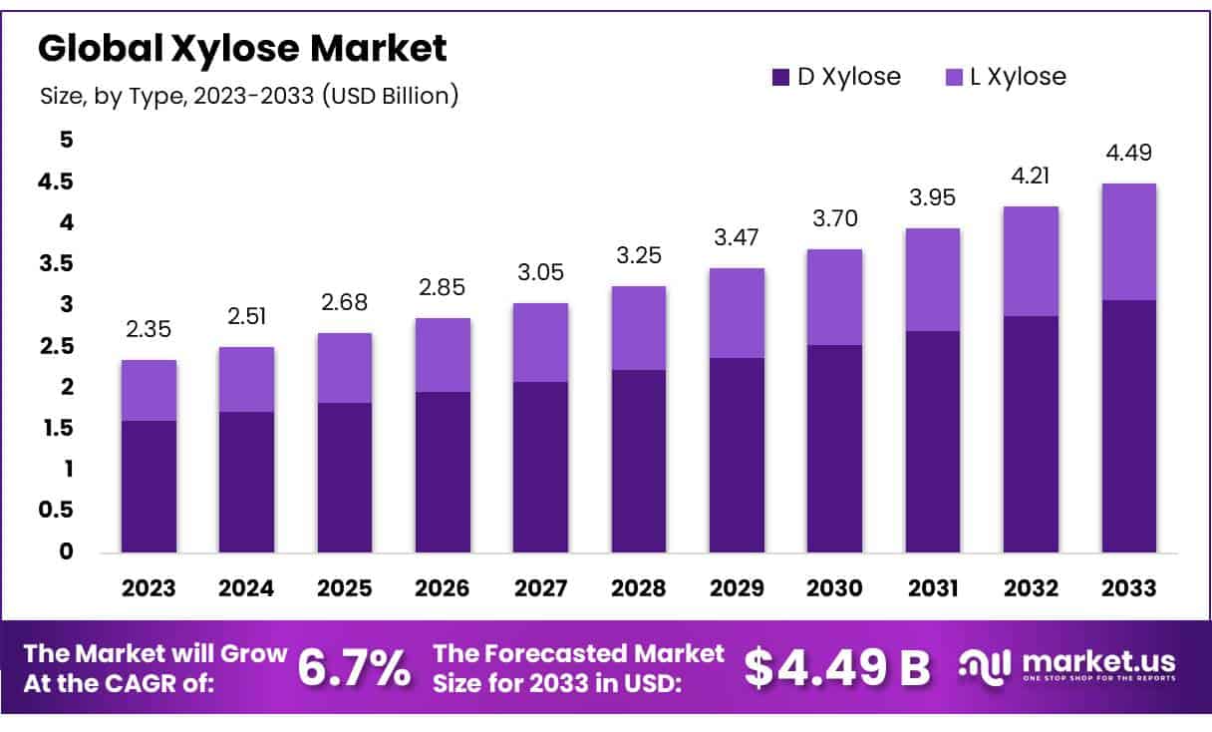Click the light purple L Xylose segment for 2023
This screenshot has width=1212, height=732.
[x=149, y=390]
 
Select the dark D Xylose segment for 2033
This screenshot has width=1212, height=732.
[x=1128, y=426]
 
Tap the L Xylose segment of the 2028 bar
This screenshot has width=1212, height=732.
[x=639, y=328]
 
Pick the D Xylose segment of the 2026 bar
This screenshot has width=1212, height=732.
[x=443, y=472]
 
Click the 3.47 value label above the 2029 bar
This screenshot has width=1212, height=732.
[x=737, y=237]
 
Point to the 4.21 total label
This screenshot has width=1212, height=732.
[x=1031, y=176]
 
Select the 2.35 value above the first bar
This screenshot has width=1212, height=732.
[x=149, y=329]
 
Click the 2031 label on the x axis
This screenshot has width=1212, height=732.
[x=933, y=588]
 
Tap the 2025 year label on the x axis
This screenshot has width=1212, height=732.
[x=345, y=588]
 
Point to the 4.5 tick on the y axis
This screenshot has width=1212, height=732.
[x=55, y=182]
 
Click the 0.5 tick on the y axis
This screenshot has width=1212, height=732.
[x=56, y=510]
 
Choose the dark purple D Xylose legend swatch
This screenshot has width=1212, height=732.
[x=780, y=77]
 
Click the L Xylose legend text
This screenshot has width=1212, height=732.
[x=1019, y=77]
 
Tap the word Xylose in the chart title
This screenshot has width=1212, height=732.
[x=236, y=48]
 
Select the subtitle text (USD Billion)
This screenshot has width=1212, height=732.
[x=390, y=96]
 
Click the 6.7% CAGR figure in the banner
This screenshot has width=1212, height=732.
[x=355, y=667]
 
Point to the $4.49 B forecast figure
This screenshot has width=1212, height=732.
[x=837, y=667]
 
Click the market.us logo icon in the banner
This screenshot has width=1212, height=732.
[x=984, y=668]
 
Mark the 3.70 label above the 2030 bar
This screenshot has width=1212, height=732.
[x=835, y=218]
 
